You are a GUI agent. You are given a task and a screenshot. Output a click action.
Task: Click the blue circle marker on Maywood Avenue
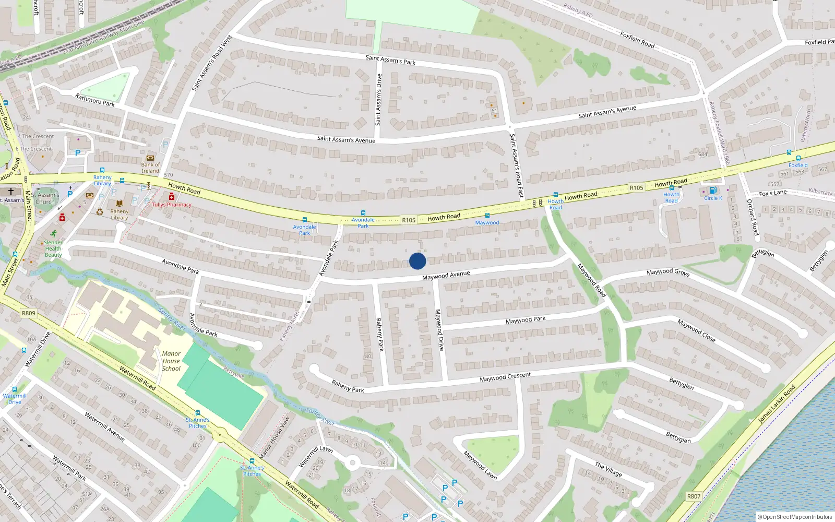pyautogui.click(x=417, y=261)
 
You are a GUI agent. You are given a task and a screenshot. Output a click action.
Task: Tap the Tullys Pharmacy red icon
pyautogui.click(x=171, y=196)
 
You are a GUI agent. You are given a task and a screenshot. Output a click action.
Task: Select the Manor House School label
pyautogui.click(x=171, y=361)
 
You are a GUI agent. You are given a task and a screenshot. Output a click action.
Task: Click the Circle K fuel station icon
pyautogui.click(x=713, y=191)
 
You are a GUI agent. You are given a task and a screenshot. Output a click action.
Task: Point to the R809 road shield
pyautogui.click(x=29, y=313)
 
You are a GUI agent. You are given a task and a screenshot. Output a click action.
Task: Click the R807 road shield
pyautogui.click(x=694, y=496)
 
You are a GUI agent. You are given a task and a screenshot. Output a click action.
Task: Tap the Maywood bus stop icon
pyautogui.click(x=487, y=216)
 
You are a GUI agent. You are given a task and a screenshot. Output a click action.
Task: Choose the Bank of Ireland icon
pyautogui.click(x=150, y=158)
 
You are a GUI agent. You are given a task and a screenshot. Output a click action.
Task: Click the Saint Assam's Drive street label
pyautogui.click(x=378, y=99)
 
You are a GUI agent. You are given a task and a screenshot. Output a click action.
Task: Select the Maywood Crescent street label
pyautogui.click(x=505, y=377)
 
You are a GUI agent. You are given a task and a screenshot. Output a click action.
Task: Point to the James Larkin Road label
pyautogui.click(x=777, y=404)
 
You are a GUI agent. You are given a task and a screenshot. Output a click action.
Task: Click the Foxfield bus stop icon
pyautogui.click(x=798, y=158)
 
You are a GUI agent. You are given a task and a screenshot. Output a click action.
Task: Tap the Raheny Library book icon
pyautogui.click(x=120, y=204)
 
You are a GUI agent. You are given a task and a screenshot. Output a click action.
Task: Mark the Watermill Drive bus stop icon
pyautogui.click(x=15, y=389)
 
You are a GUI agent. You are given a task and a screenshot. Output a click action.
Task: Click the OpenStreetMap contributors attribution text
pyautogui.click(x=794, y=517)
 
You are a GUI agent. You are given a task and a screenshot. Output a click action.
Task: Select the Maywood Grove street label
pyautogui.click(x=667, y=272)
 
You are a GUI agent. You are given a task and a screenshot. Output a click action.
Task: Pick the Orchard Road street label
pyautogui.click(x=752, y=217)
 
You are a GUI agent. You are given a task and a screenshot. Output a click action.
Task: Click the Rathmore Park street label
pyautogui.click(x=94, y=100)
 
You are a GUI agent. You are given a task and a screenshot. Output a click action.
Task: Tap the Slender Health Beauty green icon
pyautogui.click(x=53, y=234)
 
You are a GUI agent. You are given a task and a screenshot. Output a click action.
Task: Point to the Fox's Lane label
pyautogui.click(x=772, y=193)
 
